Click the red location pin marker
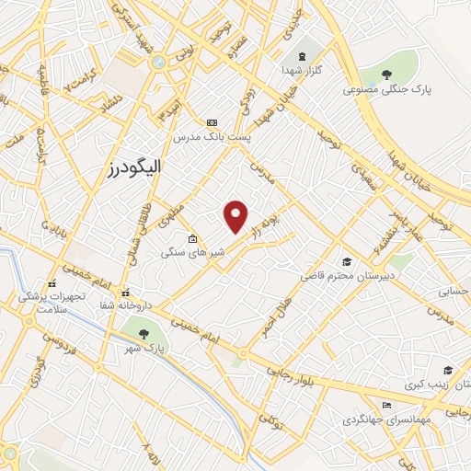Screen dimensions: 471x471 236,215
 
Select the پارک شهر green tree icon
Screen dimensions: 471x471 142,333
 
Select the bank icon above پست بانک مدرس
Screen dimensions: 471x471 213,122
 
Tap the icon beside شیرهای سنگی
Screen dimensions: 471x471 191,240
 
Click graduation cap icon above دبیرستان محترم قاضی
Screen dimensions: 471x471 347,262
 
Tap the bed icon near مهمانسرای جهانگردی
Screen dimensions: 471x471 386,406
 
